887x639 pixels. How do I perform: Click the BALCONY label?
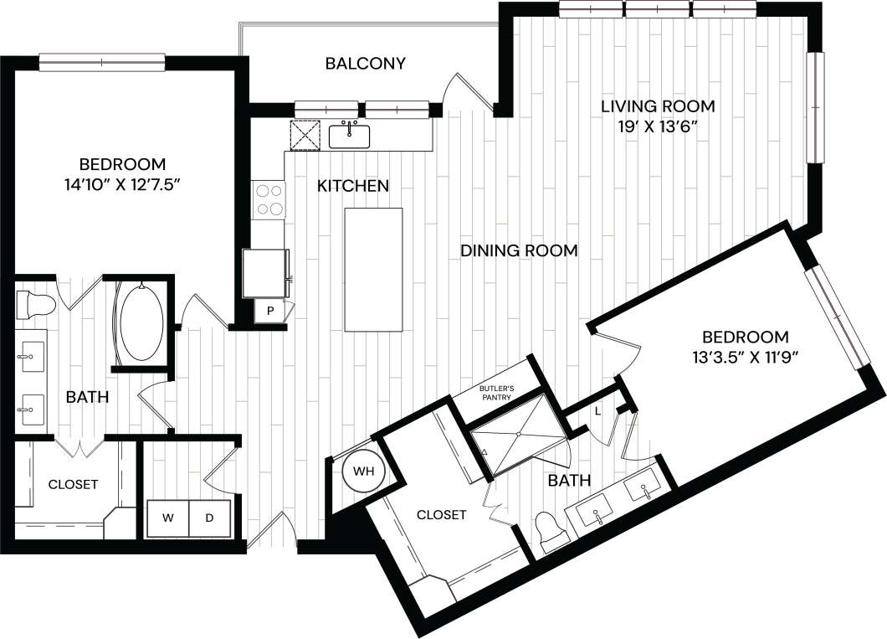tap(366, 64)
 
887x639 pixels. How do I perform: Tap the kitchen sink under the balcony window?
tap(350, 135)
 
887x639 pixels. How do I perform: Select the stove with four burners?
tap(269, 199)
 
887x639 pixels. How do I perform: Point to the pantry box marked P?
tap(270, 311)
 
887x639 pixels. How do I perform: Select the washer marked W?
tap(168, 518)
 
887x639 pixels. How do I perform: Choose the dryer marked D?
tap(209, 518)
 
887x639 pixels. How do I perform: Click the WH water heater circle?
tap(362, 472)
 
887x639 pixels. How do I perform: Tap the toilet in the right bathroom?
tap(550, 532)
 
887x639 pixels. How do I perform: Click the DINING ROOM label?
tap(519, 250)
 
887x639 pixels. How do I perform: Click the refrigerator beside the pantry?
tap(266, 273)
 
